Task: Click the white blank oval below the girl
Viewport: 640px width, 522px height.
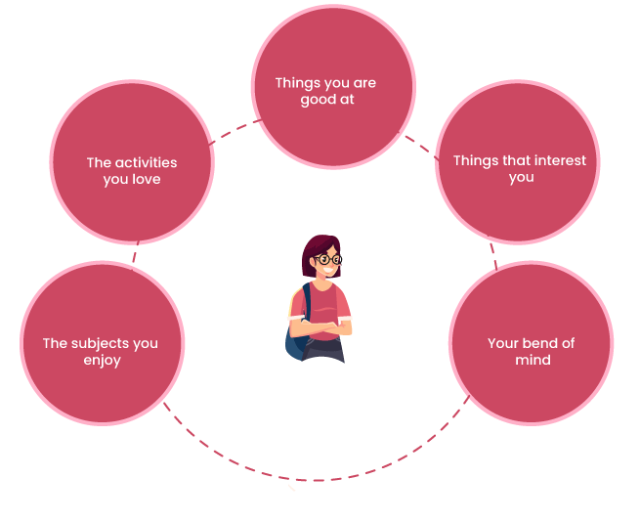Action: tap(321, 427)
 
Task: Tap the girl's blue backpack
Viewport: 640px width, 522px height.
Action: tap(296, 332)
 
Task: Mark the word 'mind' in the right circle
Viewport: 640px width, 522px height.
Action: tap(533, 360)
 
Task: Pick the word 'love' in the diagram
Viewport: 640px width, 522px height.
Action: tap(144, 179)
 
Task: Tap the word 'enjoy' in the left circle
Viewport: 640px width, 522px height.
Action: tap(101, 360)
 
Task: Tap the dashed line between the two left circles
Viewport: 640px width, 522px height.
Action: tap(136, 251)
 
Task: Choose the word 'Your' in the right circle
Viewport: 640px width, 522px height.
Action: tap(502, 343)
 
